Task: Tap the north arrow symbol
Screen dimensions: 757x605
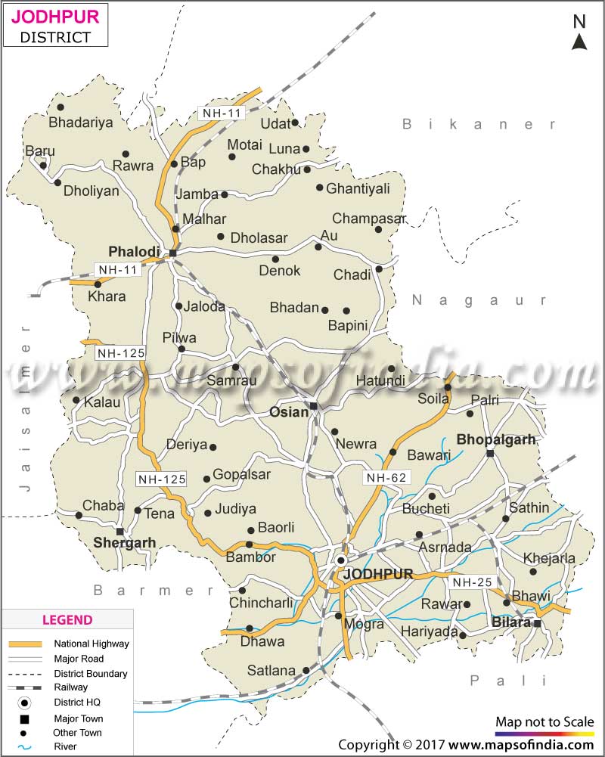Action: pyautogui.click(x=579, y=33)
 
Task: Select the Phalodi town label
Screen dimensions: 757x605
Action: pyautogui.click(x=134, y=251)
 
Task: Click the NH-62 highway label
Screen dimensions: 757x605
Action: pyautogui.click(x=386, y=477)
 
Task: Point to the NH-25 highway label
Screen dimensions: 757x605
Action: pyautogui.click(x=471, y=582)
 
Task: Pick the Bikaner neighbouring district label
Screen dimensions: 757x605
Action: pyautogui.click(x=479, y=124)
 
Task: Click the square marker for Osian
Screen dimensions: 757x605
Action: pyautogui.click(x=313, y=406)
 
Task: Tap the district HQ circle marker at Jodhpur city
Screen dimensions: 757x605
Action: pyautogui.click(x=342, y=560)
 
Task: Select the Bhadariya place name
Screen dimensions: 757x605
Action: pyautogui.click(x=80, y=122)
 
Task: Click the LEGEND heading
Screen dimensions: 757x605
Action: pyautogui.click(x=67, y=620)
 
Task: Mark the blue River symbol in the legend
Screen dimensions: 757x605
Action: pyautogui.click(x=26, y=746)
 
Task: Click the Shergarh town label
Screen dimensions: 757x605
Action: pyautogui.click(x=124, y=542)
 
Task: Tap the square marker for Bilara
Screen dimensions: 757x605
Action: pyautogui.click(x=537, y=624)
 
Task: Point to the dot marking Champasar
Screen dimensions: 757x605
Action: pyautogui.click(x=378, y=229)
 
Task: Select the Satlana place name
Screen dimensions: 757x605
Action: pyautogui.click(x=271, y=670)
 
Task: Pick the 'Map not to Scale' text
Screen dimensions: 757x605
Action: pyautogui.click(x=544, y=722)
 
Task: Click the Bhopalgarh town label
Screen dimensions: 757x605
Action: pyautogui.click(x=496, y=439)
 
